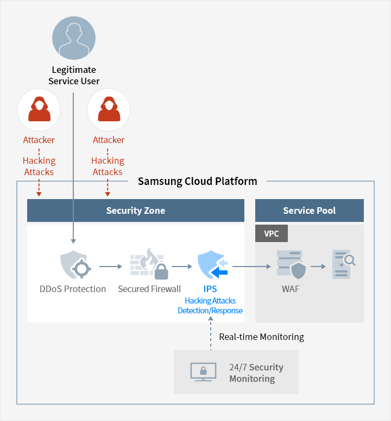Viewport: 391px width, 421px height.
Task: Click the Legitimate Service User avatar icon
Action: click(74, 38)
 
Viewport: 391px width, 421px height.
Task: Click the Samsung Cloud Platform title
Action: click(197, 181)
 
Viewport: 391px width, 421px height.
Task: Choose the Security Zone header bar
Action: click(136, 210)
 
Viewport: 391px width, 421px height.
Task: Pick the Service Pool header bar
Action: click(309, 210)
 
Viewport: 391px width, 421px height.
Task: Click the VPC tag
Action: click(271, 233)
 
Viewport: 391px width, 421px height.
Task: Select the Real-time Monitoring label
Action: click(261, 337)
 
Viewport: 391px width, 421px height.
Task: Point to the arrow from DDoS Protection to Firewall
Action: click(111, 267)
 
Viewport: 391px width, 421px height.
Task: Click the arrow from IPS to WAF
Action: click(251, 267)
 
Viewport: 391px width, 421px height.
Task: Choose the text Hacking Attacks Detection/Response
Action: click(210, 305)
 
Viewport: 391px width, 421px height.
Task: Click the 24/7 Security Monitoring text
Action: click(256, 373)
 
